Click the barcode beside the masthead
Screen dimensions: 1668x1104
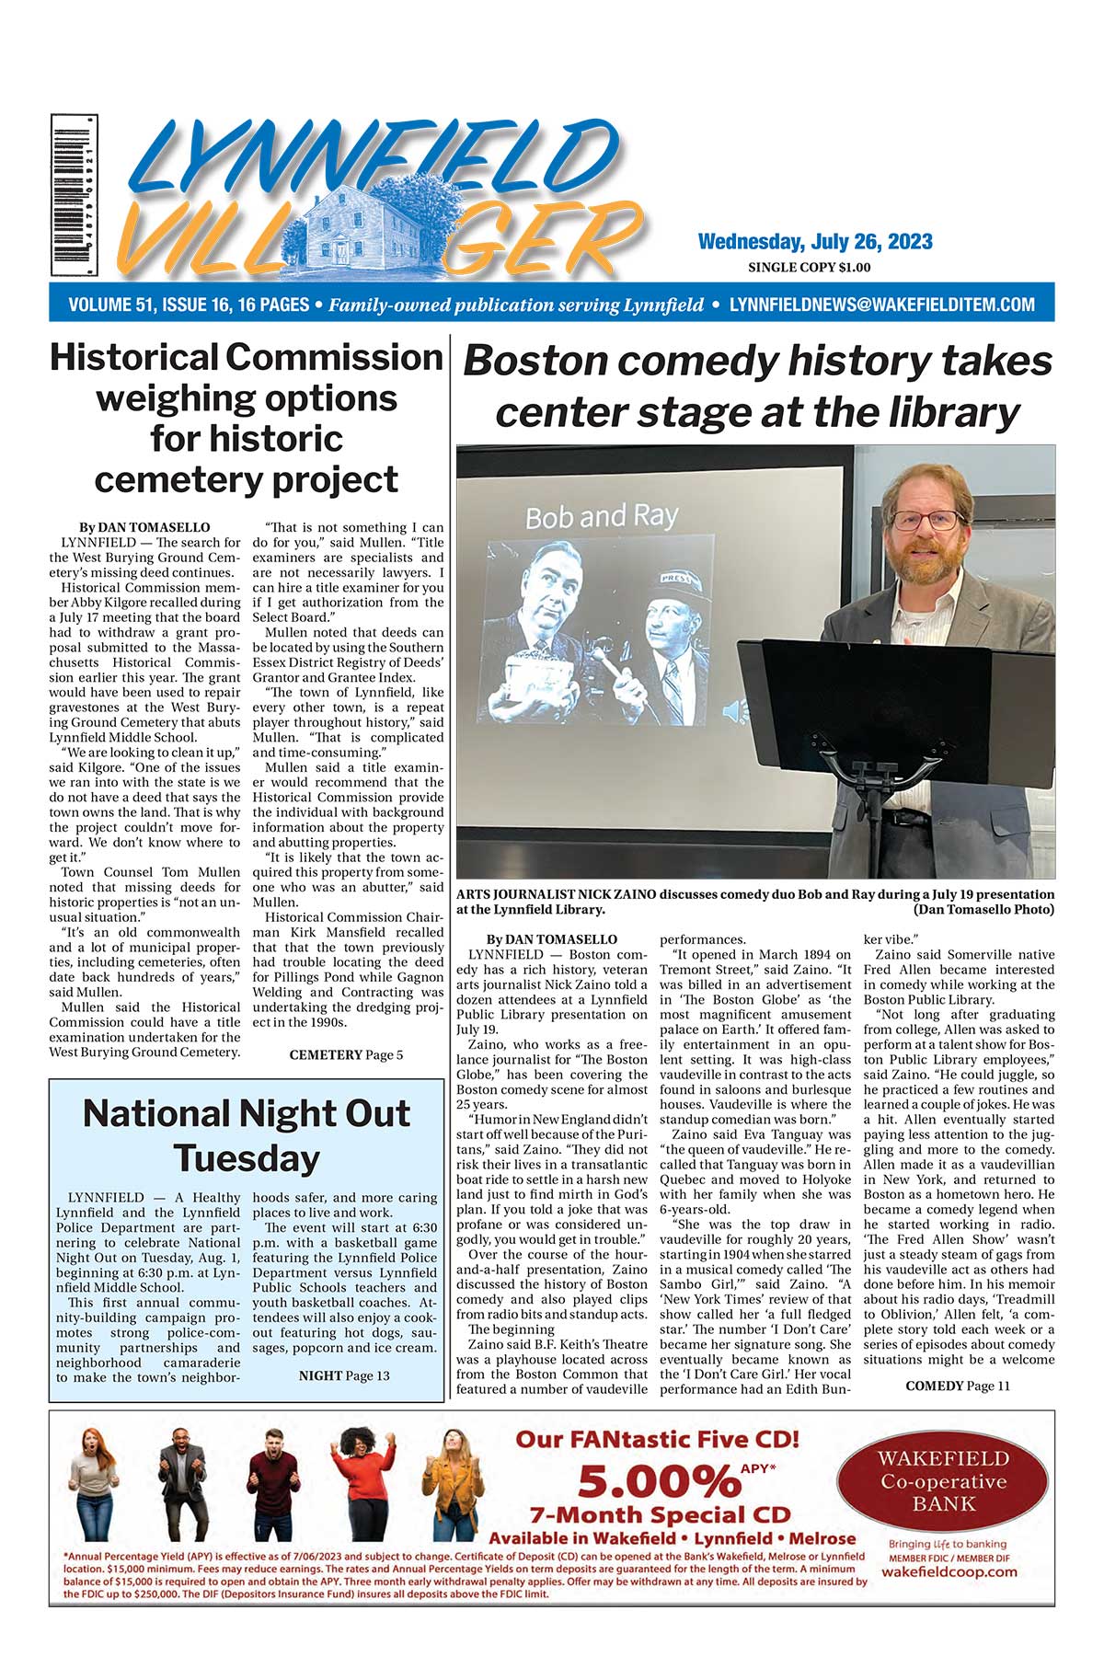point(75,195)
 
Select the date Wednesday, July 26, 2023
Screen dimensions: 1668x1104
point(815,242)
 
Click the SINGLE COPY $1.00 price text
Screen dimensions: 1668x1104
point(809,268)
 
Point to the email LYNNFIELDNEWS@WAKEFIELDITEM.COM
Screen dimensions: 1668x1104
point(881,305)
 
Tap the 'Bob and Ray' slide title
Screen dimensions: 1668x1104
point(601,516)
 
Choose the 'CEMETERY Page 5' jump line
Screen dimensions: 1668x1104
point(346,1055)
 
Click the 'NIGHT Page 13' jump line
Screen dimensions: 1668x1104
point(344,1375)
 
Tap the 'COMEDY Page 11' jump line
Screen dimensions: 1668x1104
point(957,1386)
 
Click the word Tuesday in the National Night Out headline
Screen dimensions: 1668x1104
point(246,1157)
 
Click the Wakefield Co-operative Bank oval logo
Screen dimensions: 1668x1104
point(943,1479)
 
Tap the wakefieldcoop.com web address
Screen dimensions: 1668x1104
point(949,1571)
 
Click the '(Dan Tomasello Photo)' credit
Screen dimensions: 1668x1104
point(983,909)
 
